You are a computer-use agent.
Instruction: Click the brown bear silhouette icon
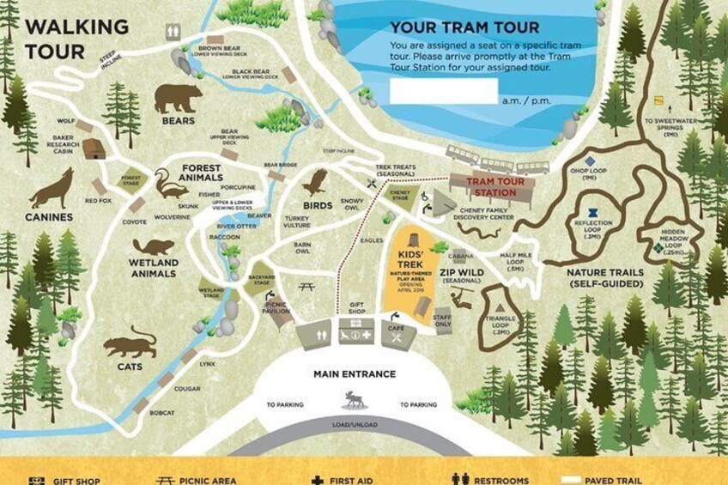coord(178,98)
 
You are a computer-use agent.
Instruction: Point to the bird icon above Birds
coord(316,181)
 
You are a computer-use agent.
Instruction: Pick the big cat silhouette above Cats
coord(130,346)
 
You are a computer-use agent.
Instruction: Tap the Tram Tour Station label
coord(490,187)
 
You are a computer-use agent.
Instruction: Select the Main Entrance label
coord(355,374)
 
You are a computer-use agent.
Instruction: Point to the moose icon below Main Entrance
coord(354,399)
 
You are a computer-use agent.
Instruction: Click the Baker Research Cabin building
coord(94,149)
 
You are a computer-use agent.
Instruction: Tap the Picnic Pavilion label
coord(276,307)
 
